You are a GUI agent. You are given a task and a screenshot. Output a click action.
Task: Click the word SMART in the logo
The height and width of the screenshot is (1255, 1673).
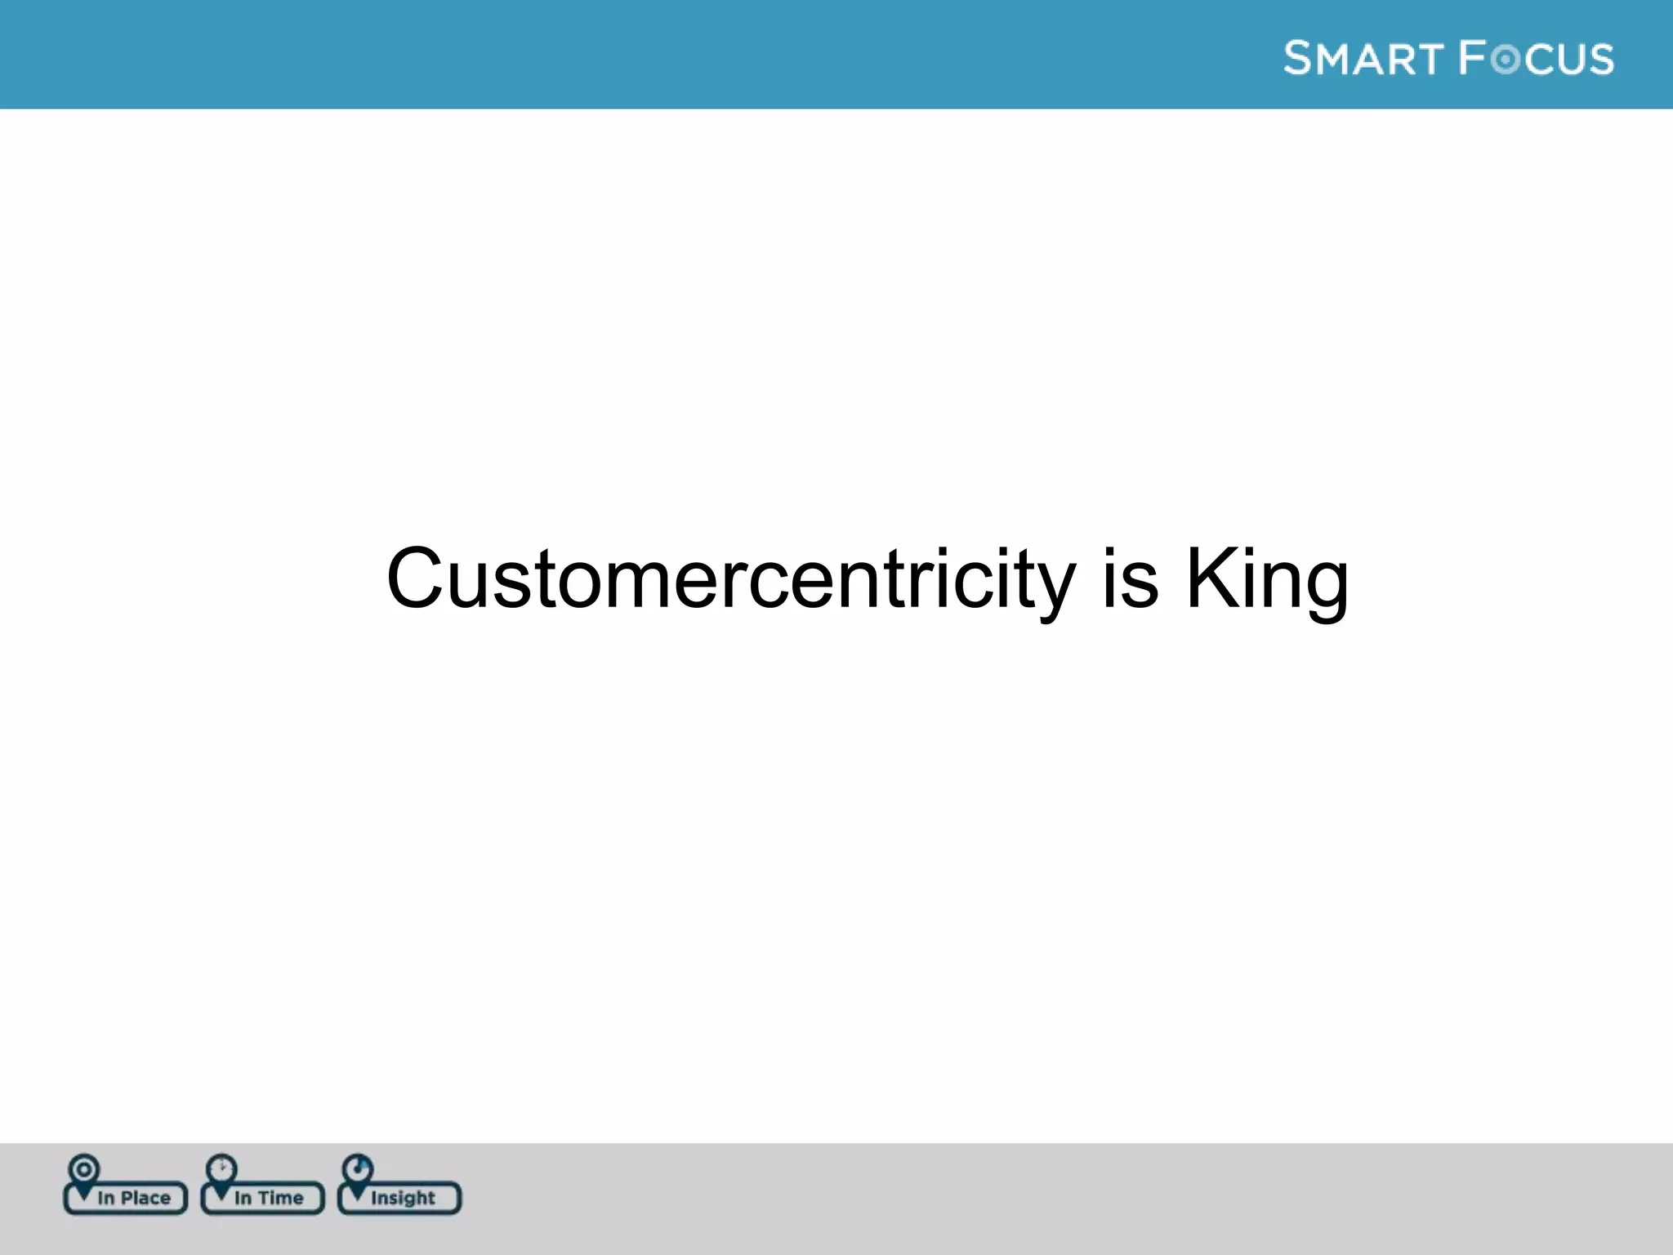(x=1363, y=59)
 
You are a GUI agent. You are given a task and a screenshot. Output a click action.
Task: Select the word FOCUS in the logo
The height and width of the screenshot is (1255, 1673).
(x=1536, y=59)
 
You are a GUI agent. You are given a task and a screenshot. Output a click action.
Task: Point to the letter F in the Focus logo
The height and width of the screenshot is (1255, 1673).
(x=1472, y=58)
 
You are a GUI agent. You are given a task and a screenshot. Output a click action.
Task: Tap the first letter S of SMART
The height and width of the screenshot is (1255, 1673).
(x=1297, y=58)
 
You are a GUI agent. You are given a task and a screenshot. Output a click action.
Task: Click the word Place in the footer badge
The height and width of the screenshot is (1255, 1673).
(x=145, y=1198)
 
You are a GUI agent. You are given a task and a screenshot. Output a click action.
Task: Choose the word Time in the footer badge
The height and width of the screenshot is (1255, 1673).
(x=280, y=1198)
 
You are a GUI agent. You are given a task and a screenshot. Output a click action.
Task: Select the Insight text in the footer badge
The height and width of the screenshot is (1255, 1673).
(x=403, y=1198)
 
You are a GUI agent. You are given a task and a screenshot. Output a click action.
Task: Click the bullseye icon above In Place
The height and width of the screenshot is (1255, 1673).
(x=84, y=1168)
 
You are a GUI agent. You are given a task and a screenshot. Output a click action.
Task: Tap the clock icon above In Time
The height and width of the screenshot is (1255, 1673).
(x=221, y=1168)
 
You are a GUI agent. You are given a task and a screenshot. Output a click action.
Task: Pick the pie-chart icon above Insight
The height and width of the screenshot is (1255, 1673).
(x=358, y=1168)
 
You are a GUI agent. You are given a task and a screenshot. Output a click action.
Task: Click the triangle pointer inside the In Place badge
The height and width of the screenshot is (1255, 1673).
(x=83, y=1194)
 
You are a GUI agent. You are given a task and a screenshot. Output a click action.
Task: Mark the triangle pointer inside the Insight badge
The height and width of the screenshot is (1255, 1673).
(x=358, y=1194)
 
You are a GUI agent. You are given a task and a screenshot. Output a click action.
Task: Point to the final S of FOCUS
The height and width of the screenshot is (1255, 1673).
(x=1600, y=60)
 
